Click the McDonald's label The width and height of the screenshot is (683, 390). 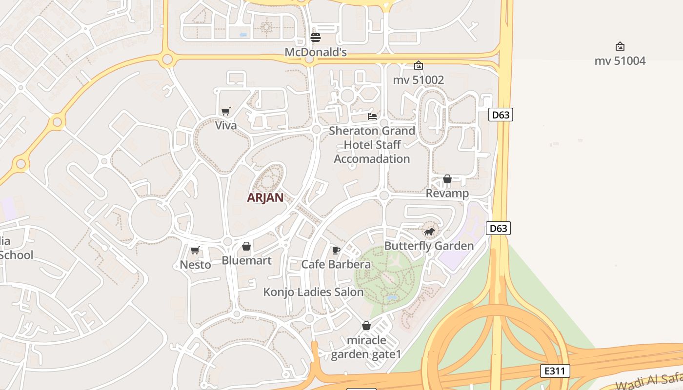click(x=316, y=52)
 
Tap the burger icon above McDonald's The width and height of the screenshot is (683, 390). click(x=316, y=38)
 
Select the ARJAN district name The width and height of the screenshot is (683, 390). click(x=265, y=197)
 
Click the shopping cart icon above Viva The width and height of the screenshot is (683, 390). click(x=225, y=111)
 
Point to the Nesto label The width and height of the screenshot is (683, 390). click(x=195, y=265)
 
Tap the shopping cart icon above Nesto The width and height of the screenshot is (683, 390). click(x=195, y=250)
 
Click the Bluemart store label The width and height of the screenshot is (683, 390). click(x=246, y=260)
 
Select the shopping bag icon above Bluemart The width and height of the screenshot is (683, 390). click(x=246, y=246)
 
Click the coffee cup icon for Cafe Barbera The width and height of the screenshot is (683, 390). click(x=336, y=250)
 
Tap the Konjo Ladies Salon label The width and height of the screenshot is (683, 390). click(x=313, y=292)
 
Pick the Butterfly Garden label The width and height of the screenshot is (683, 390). click(x=429, y=246)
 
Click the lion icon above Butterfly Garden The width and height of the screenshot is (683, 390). click(x=429, y=232)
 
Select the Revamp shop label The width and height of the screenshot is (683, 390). click(x=447, y=193)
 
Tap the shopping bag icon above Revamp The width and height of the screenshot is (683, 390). click(x=447, y=179)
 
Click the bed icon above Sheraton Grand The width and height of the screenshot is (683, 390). click(x=372, y=117)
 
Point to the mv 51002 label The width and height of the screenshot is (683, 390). click(x=418, y=80)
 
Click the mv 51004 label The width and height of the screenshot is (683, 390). click(x=620, y=61)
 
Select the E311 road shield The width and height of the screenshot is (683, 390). click(x=555, y=371)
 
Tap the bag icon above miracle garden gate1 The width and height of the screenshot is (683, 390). click(x=366, y=326)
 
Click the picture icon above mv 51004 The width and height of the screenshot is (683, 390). click(x=620, y=46)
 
